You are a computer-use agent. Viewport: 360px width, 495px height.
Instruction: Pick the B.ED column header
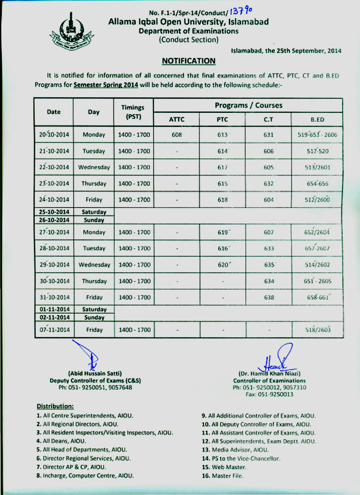[317, 119]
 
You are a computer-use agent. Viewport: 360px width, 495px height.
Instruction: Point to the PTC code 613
[223, 135]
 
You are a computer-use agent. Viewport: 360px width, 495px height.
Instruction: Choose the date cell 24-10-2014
[54, 200]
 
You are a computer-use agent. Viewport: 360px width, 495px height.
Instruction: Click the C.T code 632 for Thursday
[269, 183]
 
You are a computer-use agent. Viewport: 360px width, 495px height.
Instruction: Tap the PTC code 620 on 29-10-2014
[223, 265]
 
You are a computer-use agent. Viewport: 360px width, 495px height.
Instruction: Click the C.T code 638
[269, 297]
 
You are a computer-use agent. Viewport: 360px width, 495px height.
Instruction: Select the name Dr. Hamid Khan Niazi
[269, 373]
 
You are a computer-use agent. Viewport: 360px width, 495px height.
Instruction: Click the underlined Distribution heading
[55, 406]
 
